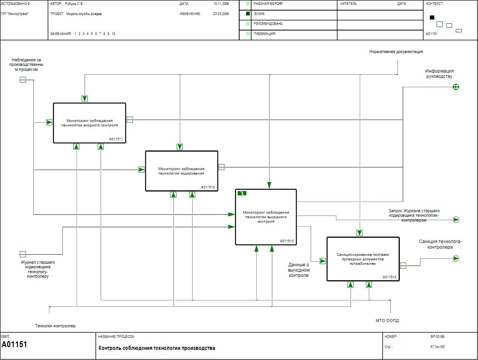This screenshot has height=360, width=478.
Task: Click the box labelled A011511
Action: [x=90, y=123]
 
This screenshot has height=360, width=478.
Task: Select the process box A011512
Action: [x=182, y=171]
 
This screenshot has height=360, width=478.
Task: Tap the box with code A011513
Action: [x=266, y=217]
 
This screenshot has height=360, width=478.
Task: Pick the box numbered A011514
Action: [x=363, y=259]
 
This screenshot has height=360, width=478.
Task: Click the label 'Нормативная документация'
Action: [x=396, y=52]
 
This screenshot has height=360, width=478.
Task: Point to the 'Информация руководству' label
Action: [x=439, y=73]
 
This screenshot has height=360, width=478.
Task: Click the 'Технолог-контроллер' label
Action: [x=55, y=326]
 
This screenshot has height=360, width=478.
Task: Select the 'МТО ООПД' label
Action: [x=387, y=321]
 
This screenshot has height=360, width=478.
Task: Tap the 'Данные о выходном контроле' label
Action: [x=299, y=270]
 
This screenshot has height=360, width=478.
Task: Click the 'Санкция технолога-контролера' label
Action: [x=440, y=244]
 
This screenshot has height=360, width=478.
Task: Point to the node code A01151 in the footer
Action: [x=14, y=345]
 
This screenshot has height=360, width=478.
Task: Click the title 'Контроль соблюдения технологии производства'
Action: [x=157, y=348]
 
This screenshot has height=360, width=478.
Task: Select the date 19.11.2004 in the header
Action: [x=221, y=4]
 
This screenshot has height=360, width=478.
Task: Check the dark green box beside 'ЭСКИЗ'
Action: [x=248, y=14]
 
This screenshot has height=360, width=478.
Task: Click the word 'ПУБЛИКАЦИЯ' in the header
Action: [x=264, y=34]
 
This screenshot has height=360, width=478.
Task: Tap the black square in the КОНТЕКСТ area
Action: [x=432, y=17]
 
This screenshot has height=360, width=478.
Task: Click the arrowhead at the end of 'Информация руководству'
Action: [x=456, y=87]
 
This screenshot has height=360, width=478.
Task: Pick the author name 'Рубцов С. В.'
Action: [x=74, y=4]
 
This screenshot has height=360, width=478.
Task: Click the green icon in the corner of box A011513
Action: [x=242, y=193]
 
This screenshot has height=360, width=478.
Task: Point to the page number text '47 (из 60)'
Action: [x=437, y=347]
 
